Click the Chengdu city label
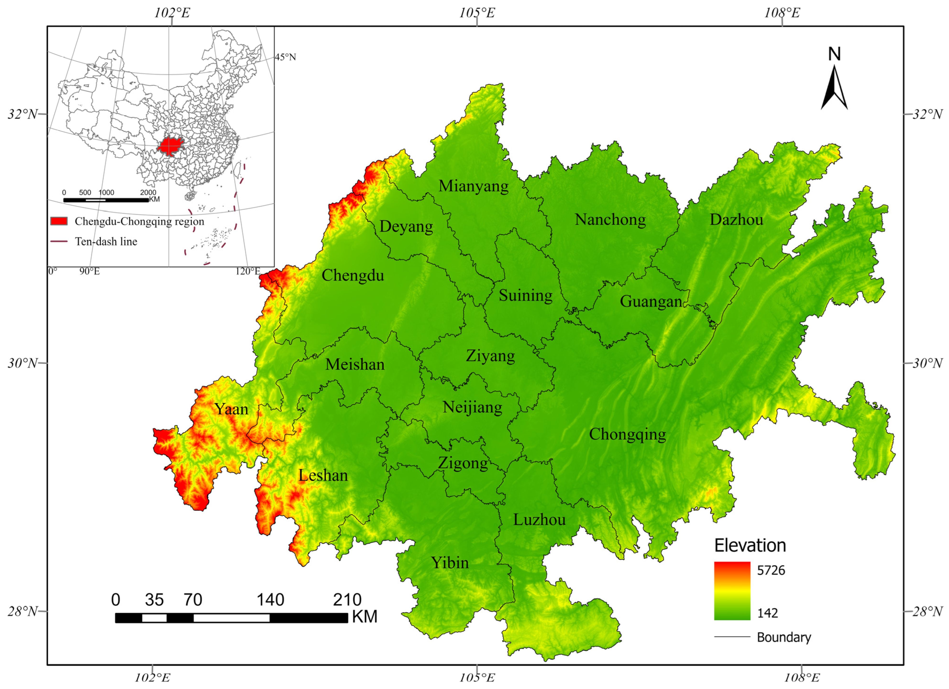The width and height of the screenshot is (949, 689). click(353, 275)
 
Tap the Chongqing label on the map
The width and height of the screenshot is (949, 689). click(627, 435)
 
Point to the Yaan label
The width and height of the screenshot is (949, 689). click(232, 409)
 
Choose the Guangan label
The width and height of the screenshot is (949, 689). click(651, 301)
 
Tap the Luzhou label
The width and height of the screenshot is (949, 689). click(539, 520)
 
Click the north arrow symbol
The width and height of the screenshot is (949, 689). click(834, 88)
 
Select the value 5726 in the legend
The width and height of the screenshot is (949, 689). click(771, 570)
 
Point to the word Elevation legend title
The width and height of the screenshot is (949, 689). click(750, 545)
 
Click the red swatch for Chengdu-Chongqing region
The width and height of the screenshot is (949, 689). click(59, 221)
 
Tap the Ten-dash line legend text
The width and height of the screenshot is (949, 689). click(106, 241)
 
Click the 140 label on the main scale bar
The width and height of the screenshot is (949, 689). click(270, 600)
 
